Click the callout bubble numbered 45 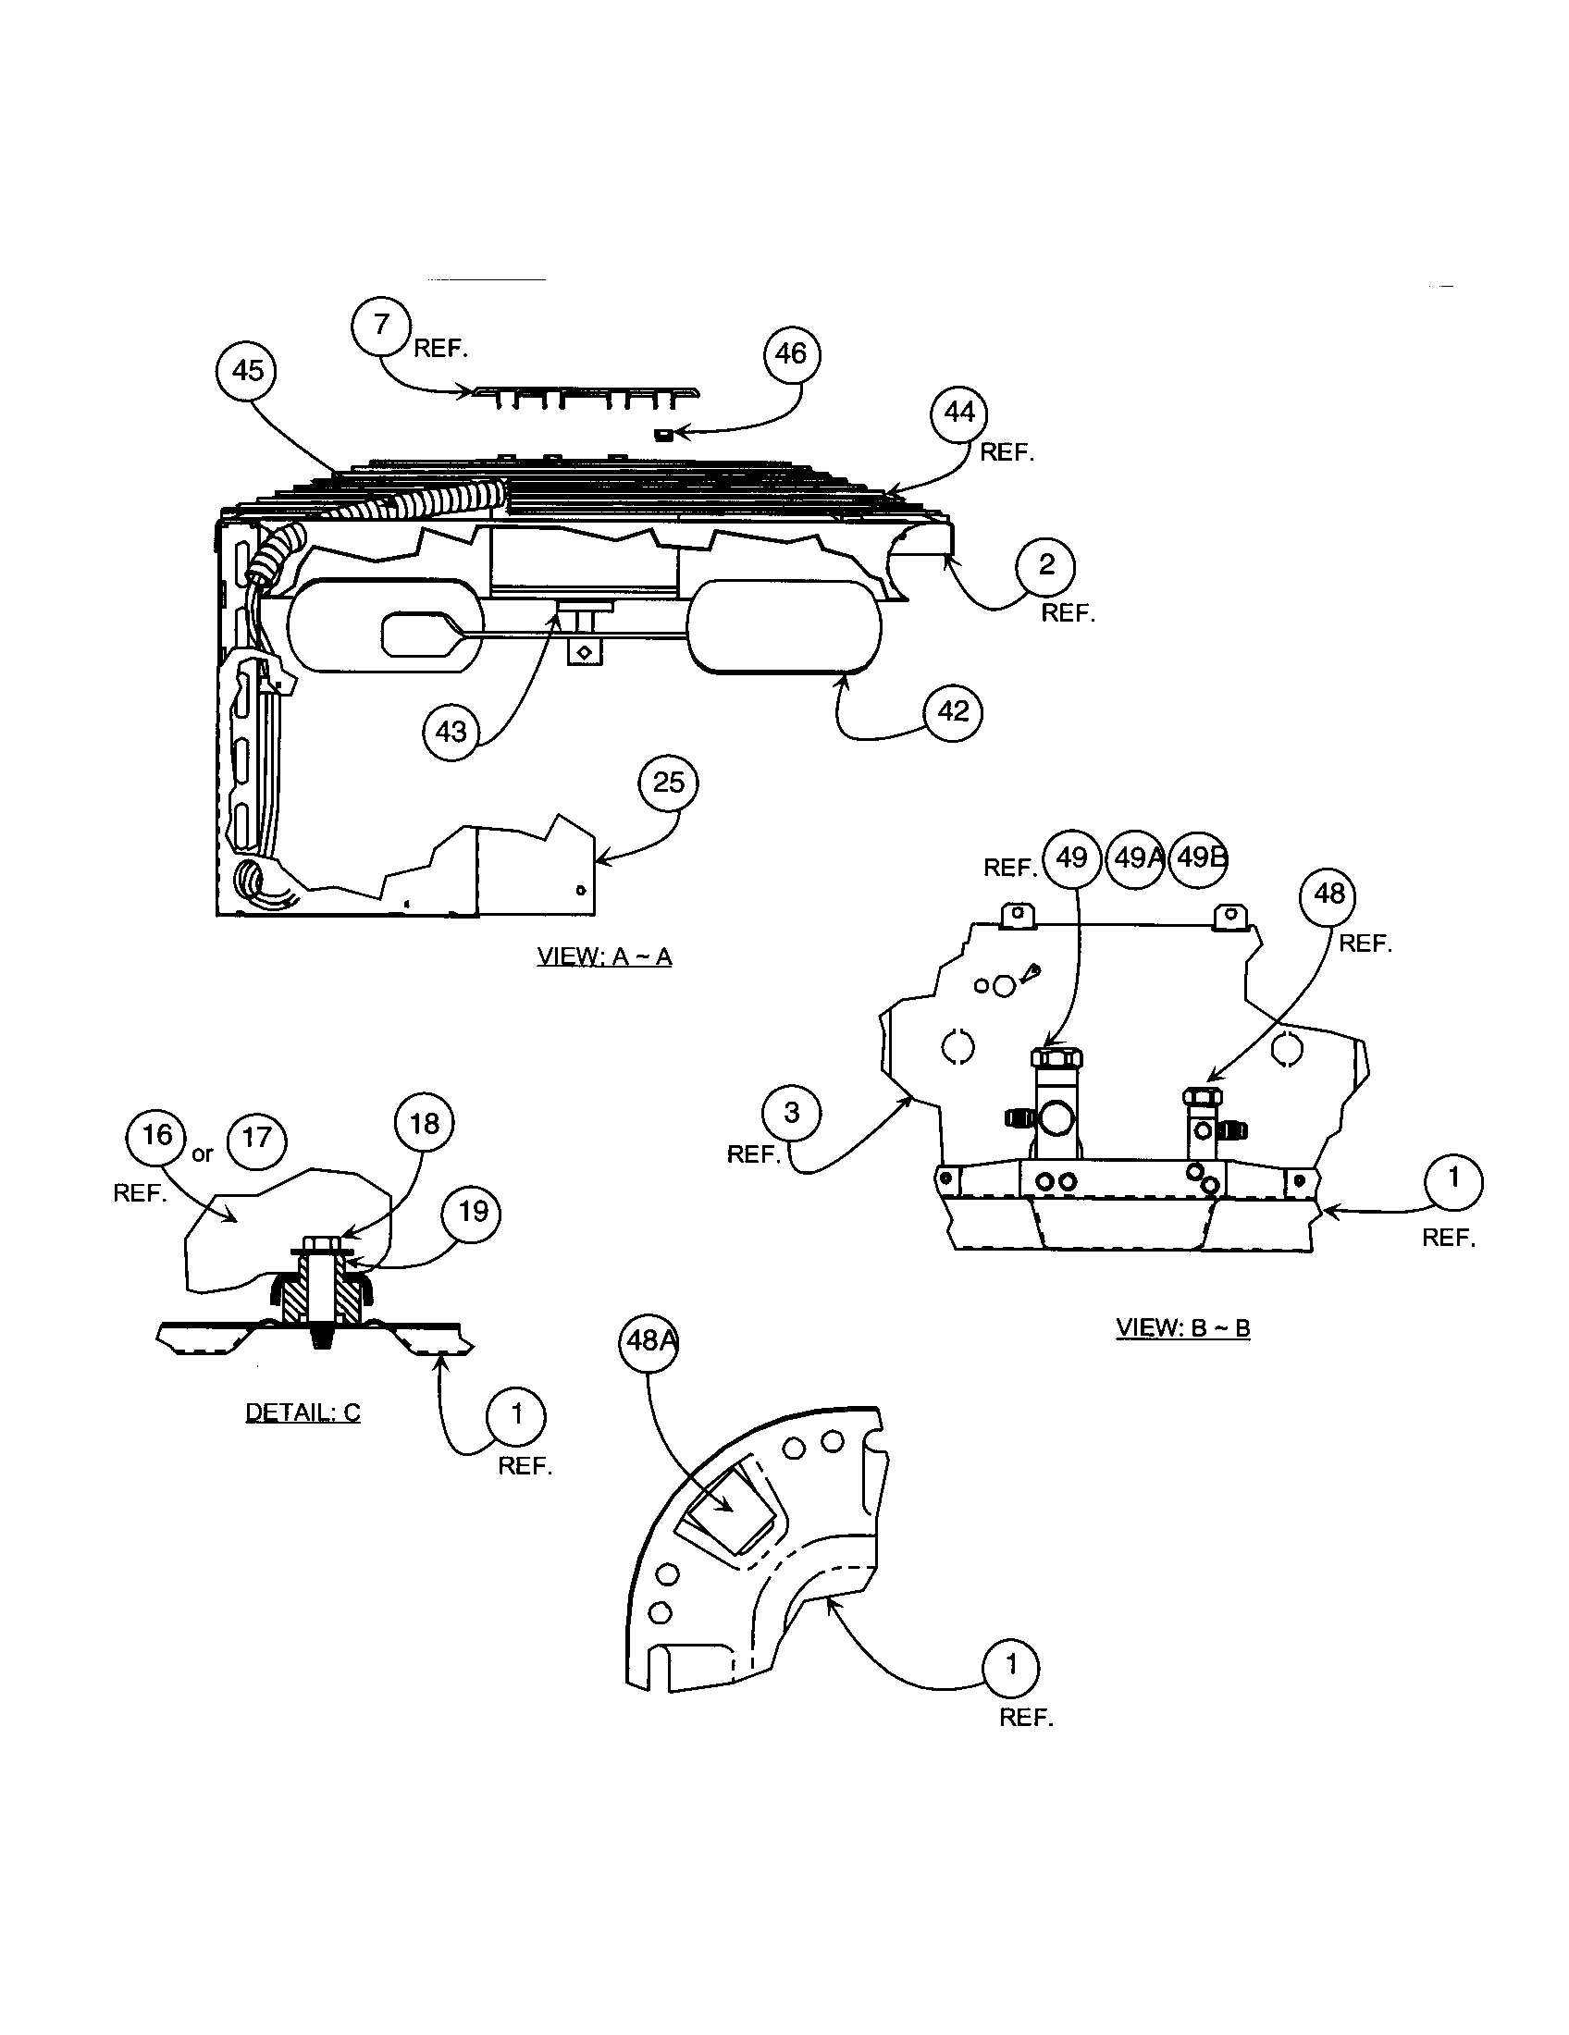(247, 371)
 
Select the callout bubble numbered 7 (381, 327)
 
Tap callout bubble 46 (791, 354)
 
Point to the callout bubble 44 (959, 413)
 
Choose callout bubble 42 (953, 712)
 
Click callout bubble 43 (451, 732)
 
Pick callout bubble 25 (668, 783)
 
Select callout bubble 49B (1198, 857)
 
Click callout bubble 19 (473, 1212)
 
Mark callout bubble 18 (424, 1124)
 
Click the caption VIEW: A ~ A (604, 957)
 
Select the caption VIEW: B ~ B (1182, 1327)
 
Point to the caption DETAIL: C (302, 1412)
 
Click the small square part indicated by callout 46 (664, 433)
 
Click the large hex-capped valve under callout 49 (1056, 1100)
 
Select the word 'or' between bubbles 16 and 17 (203, 1154)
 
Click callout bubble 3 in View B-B (791, 1113)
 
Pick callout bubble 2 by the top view (1045, 564)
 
